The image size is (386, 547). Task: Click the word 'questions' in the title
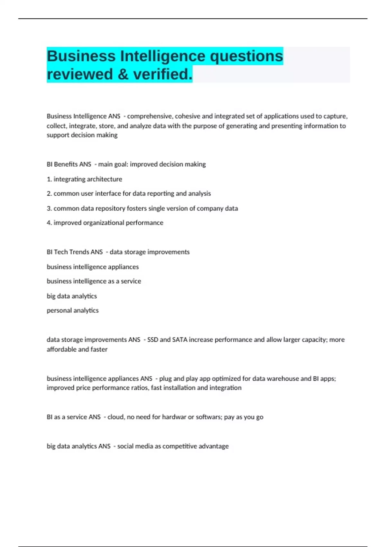[246, 56]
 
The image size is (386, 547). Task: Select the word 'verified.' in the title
[163, 74]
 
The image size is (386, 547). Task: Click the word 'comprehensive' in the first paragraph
[150, 116]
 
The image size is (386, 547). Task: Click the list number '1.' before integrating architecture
[49, 179]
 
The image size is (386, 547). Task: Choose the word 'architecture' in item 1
[105, 179]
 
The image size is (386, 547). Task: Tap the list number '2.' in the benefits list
[49, 194]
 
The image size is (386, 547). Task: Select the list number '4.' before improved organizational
[49, 223]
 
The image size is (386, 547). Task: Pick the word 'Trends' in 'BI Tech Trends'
[78, 252]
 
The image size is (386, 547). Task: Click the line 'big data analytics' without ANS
[72, 296]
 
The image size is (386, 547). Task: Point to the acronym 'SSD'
[152, 340]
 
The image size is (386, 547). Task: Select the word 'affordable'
[61, 349]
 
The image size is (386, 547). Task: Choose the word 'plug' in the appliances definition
[165, 379]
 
